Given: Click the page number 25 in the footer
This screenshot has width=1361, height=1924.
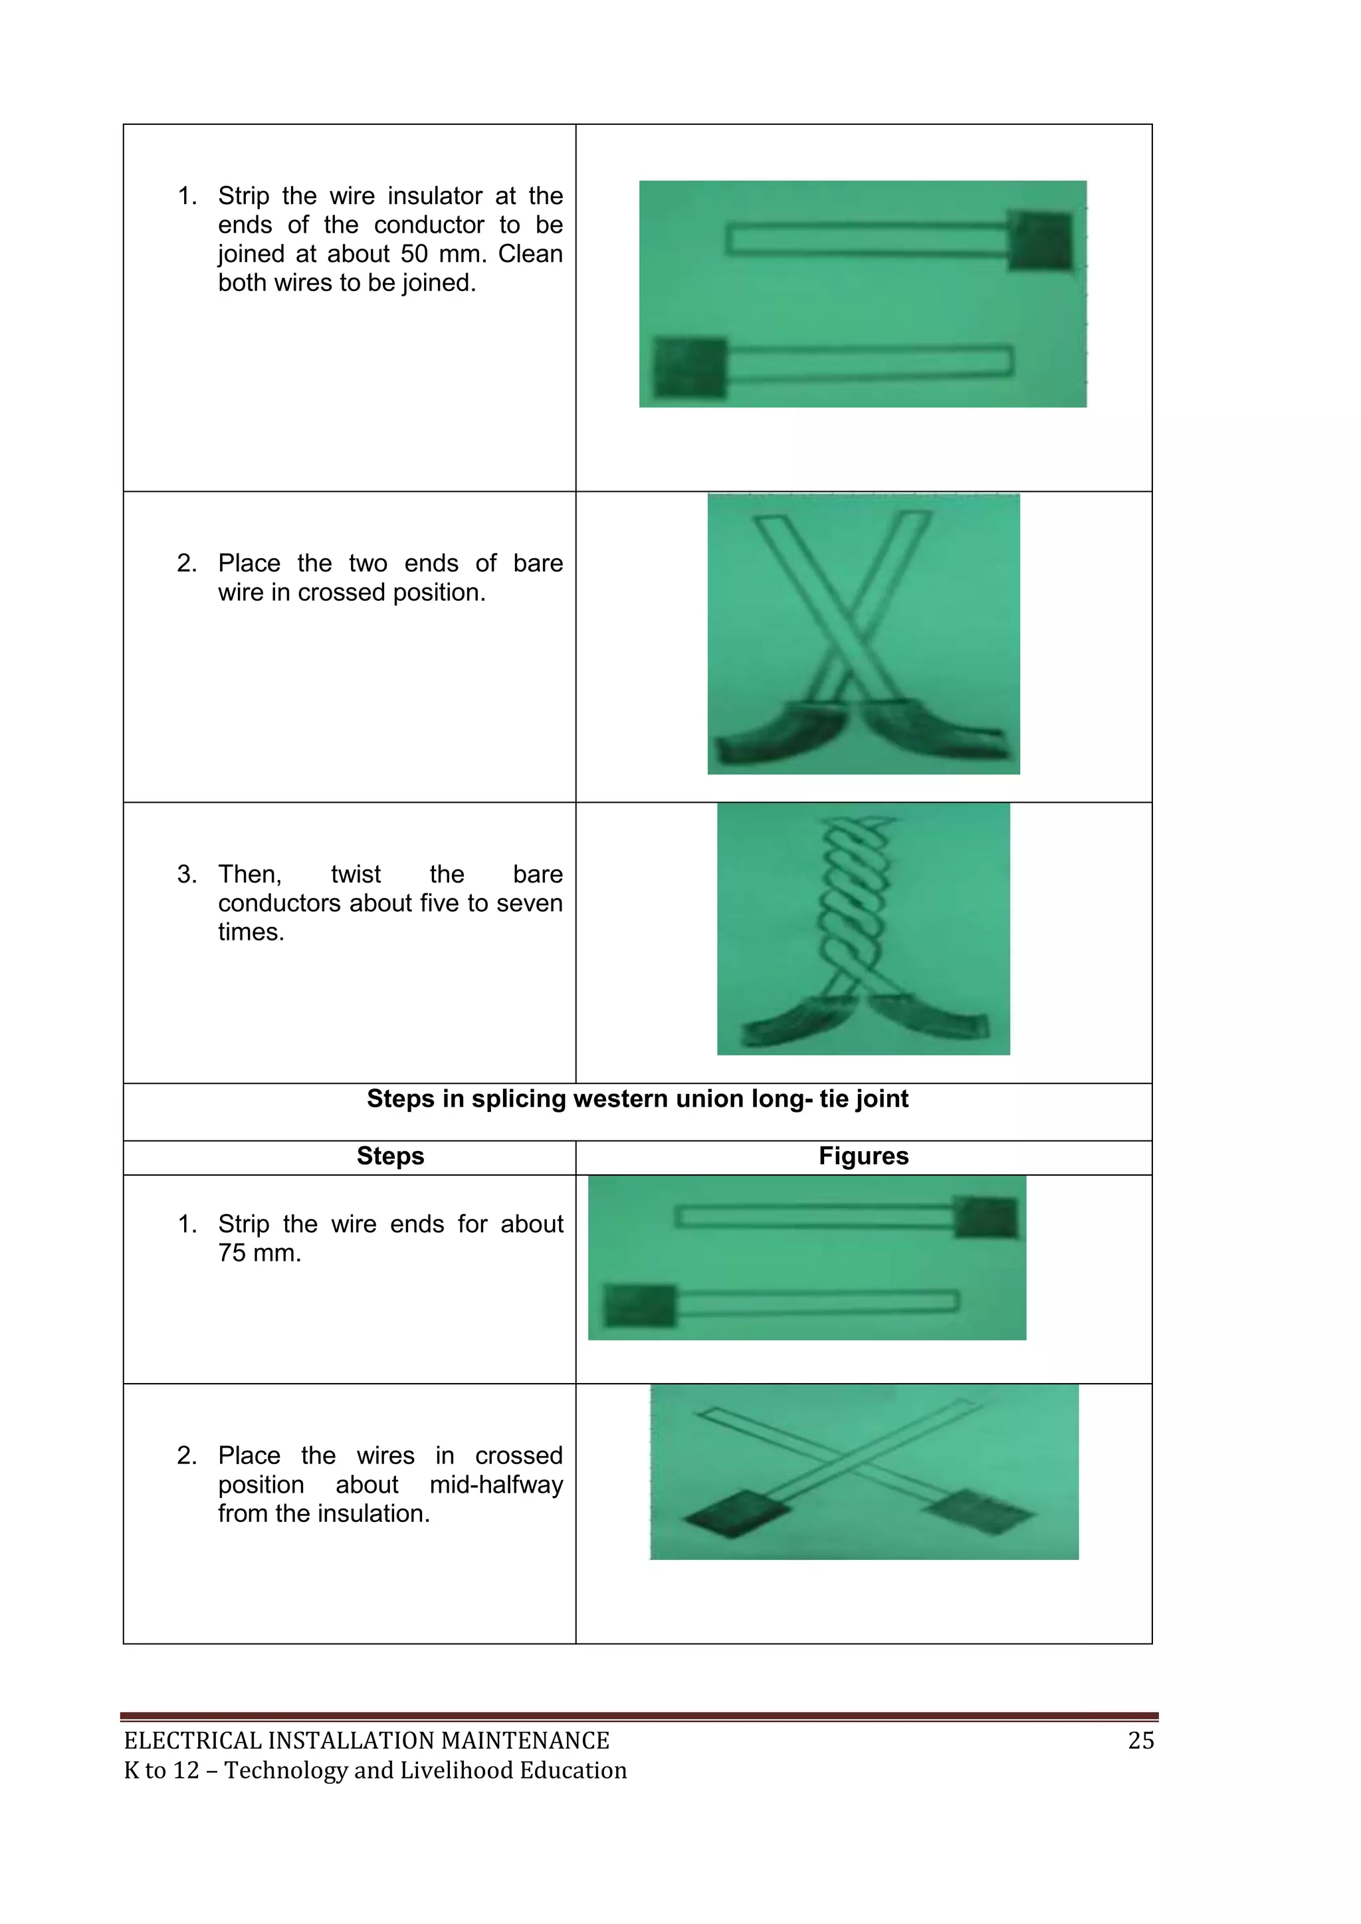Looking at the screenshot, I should (1140, 1741).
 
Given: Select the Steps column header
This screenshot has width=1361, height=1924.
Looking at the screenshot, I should (391, 1156).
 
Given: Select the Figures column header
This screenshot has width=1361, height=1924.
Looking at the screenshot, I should (863, 1156).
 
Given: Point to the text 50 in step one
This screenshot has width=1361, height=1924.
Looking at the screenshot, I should (415, 254).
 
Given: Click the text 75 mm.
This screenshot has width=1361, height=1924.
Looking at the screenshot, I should (259, 1253).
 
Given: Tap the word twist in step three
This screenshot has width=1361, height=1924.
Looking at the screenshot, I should (356, 874).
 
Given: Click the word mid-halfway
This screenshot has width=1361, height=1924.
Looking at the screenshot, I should (496, 1484).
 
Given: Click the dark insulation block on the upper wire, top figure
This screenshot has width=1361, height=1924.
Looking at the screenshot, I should (1040, 240).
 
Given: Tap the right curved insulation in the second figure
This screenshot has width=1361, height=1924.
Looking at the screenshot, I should (930, 730).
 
